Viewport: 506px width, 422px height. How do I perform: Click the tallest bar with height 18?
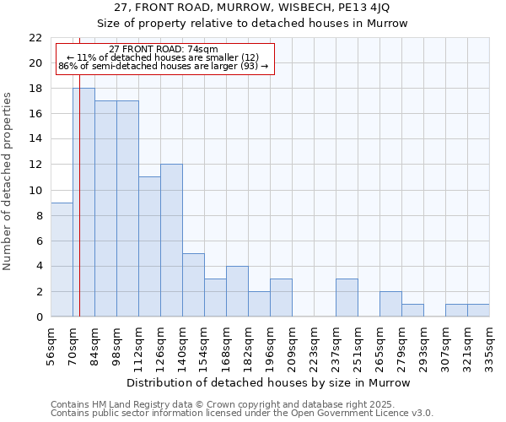pos(83,203)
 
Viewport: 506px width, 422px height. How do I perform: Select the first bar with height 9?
pos(62,259)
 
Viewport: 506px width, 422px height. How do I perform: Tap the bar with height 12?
pos(171,241)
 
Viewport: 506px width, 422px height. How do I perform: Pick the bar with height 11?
pos(149,246)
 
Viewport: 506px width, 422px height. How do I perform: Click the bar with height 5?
pos(193,285)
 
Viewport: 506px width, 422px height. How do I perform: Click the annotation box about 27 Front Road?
pos(164,57)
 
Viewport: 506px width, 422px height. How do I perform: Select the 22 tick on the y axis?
pos(35,38)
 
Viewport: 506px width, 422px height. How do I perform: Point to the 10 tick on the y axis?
pos(35,190)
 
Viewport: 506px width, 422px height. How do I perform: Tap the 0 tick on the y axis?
pos(39,317)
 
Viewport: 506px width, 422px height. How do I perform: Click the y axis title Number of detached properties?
pos(8,181)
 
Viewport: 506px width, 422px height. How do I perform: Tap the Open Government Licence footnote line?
pos(242,413)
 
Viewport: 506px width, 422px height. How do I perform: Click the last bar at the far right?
pos(478,311)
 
